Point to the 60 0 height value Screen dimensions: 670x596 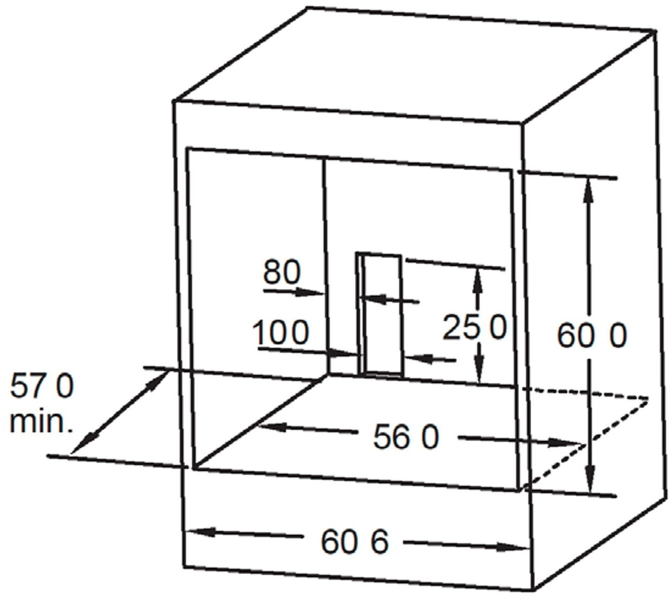592,336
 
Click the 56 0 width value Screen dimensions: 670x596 405,437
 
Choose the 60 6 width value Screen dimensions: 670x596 354,541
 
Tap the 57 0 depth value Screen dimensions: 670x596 42,386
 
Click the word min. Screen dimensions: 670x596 41,422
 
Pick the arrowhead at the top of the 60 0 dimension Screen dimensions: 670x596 589,188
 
